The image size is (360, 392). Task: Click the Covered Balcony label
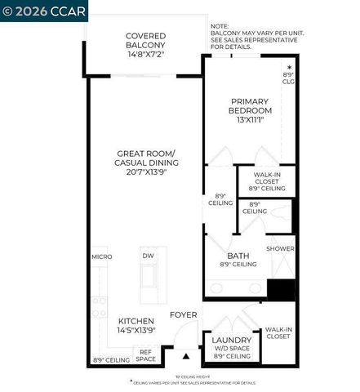click(146, 41)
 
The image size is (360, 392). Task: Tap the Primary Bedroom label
click(249, 105)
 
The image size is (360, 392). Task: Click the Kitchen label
click(136, 321)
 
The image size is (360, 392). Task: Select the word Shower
click(280, 249)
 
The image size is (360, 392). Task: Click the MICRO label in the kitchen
click(101, 256)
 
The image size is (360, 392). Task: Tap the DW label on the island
click(148, 256)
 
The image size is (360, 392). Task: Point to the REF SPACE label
click(145, 355)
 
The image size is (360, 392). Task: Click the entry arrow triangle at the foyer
click(185, 356)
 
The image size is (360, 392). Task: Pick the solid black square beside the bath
click(281, 290)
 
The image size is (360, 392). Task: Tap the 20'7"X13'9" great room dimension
click(146, 173)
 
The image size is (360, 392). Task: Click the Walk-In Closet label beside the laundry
click(278, 332)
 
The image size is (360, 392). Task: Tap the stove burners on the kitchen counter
click(99, 306)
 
